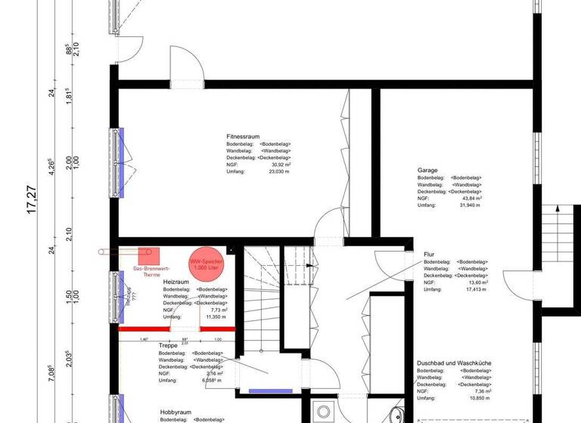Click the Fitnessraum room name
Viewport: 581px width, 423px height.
(244, 137)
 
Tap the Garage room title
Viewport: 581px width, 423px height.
(427, 171)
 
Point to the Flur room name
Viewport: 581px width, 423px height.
(429, 255)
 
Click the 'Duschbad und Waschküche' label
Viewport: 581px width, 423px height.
(454, 363)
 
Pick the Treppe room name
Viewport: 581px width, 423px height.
(168, 346)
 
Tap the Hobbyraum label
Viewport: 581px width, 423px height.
(176, 412)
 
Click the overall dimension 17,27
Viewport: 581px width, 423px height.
(32, 200)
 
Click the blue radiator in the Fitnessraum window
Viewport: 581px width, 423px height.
(120, 162)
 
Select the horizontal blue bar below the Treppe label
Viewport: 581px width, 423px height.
(271, 391)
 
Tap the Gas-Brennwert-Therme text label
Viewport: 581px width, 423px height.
(151, 272)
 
